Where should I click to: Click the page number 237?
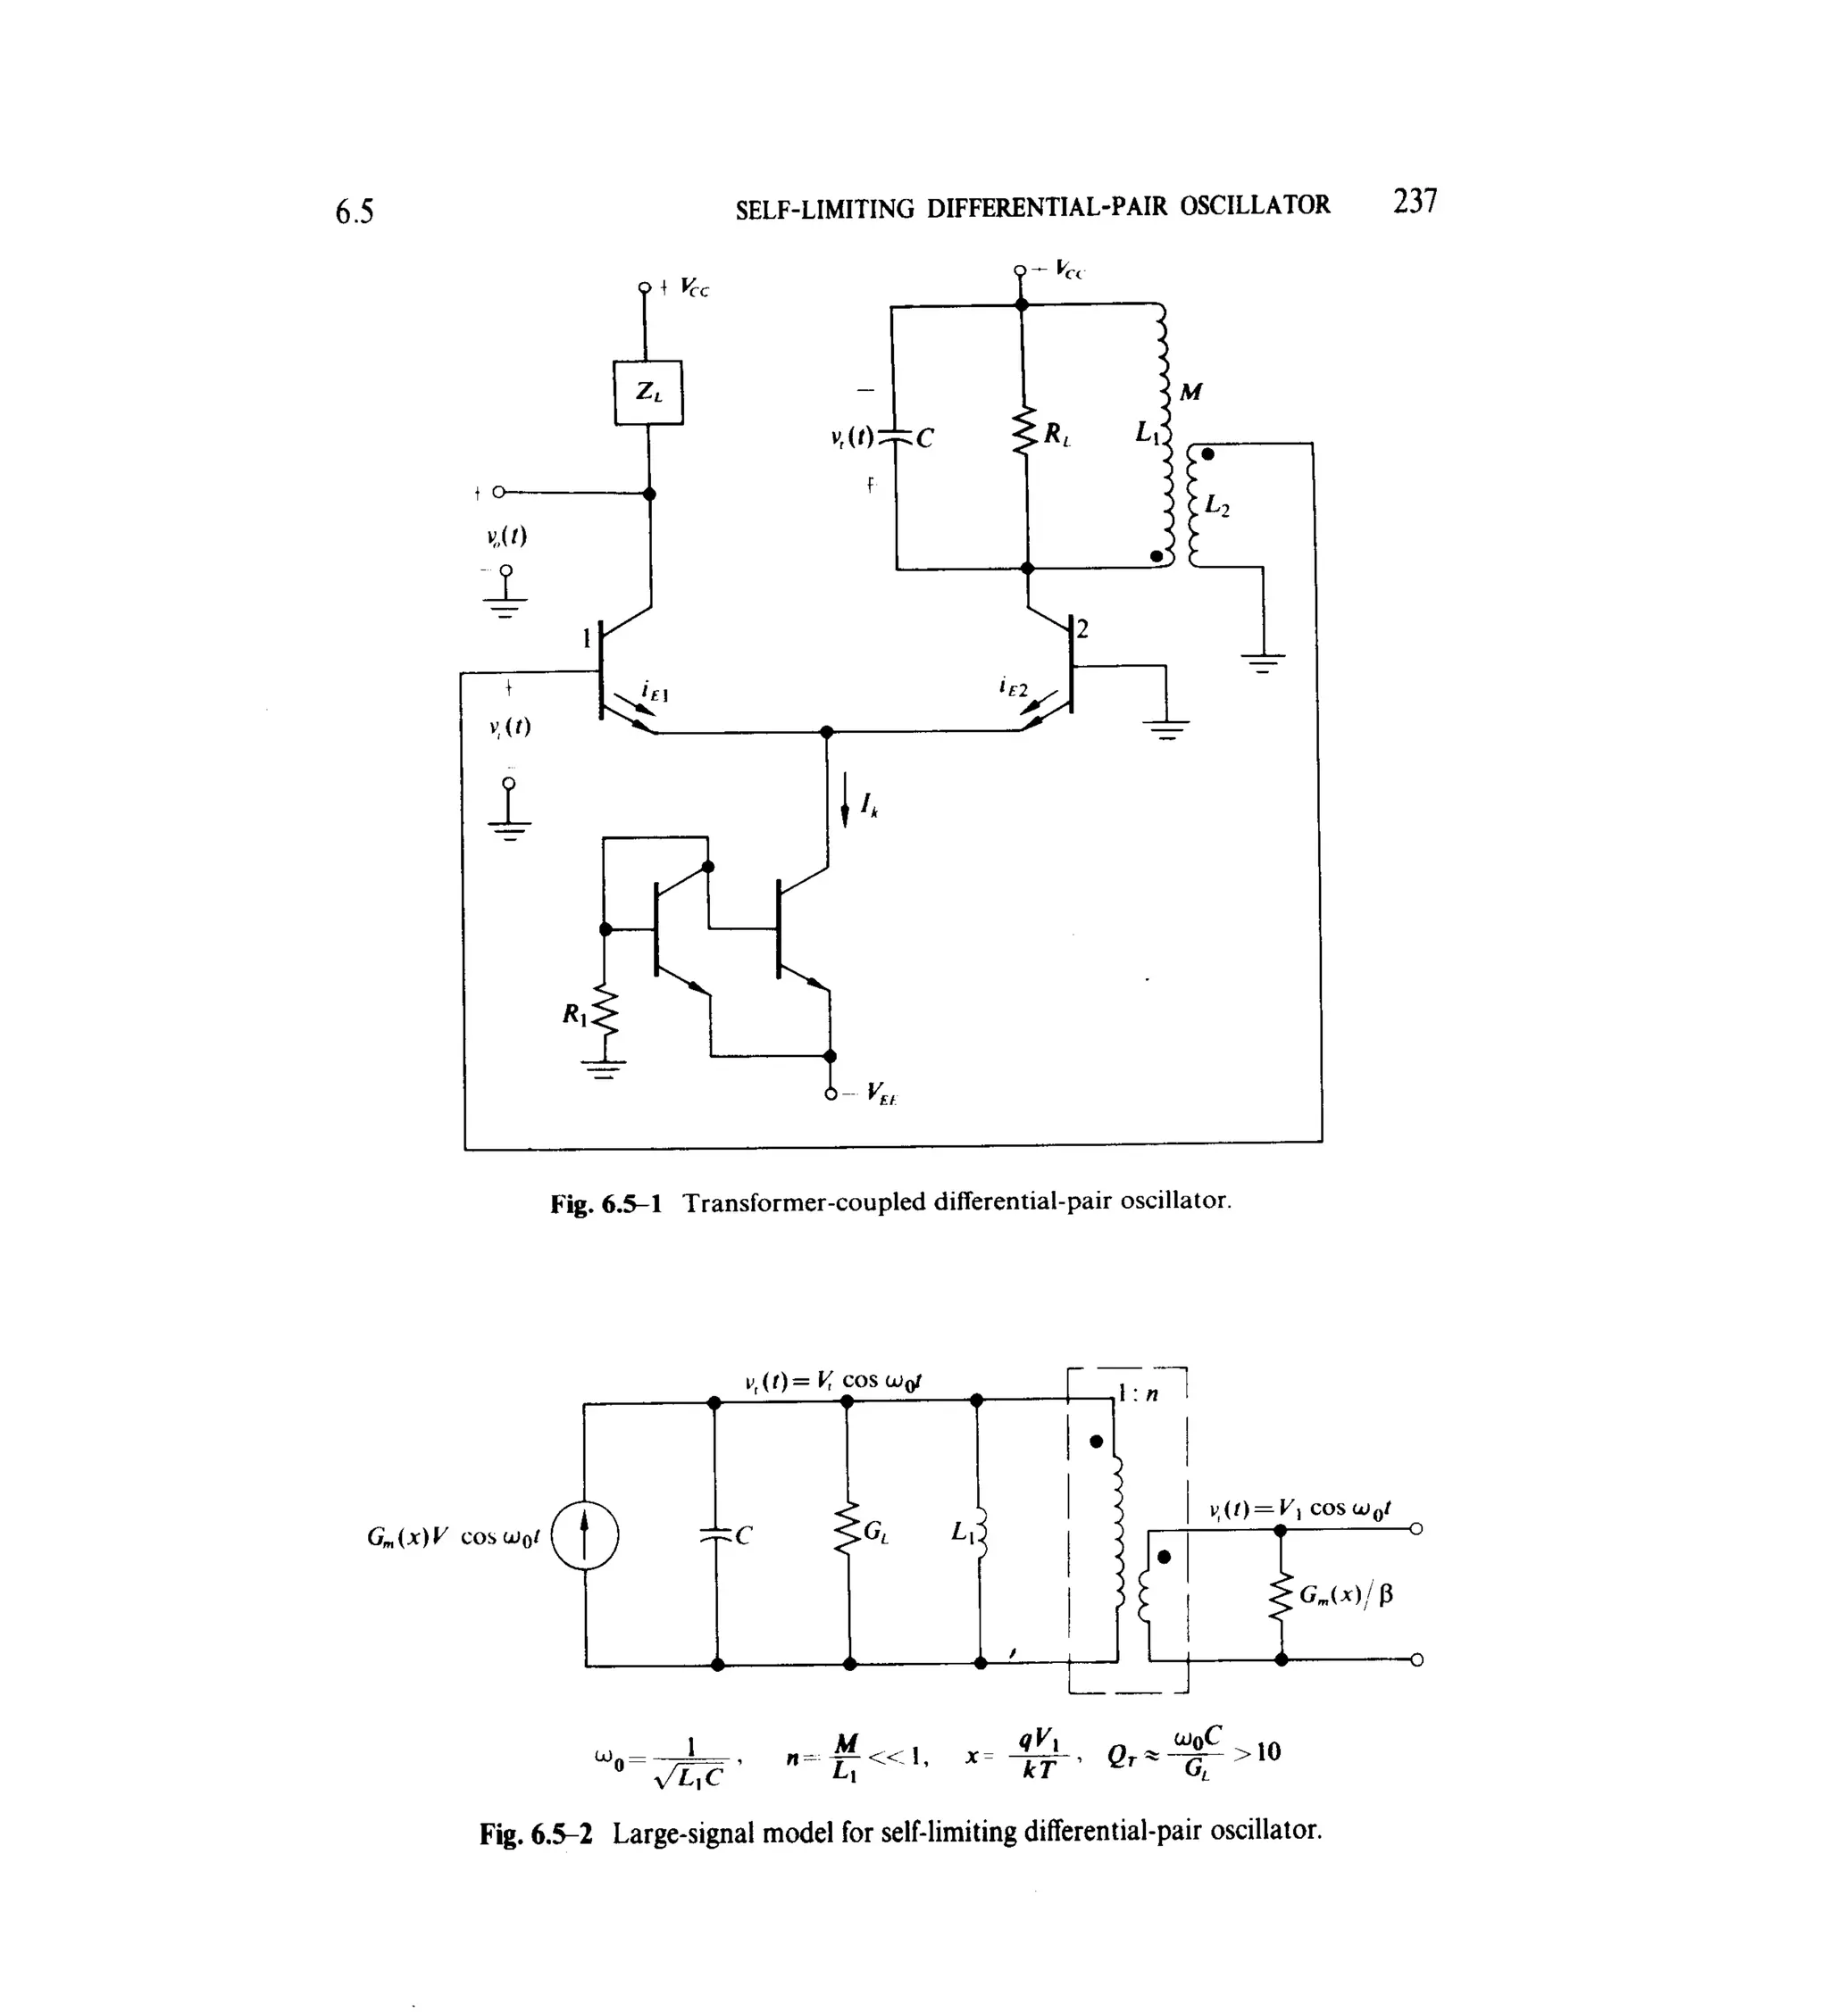pyautogui.click(x=1415, y=201)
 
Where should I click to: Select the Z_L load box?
pyautogui.click(x=648, y=392)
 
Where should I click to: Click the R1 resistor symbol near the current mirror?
pyautogui.click(x=604, y=1014)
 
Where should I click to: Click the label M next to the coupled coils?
pyautogui.click(x=1191, y=392)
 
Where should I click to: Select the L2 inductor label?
pyautogui.click(x=1217, y=505)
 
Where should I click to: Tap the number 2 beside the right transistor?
pyautogui.click(x=1082, y=628)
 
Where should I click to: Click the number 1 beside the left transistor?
pyautogui.click(x=587, y=636)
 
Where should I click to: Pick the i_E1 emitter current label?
pyautogui.click(x=655, y=690)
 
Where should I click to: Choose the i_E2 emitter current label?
pyautogui.click(x=1013, y=686)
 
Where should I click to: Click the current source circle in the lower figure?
pyautogui.click(x=585, y=1536)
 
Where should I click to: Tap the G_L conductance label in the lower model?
pyautogui.click(x=875, y=1532)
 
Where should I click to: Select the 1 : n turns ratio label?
pyautogui.click(x=1137, y=1393)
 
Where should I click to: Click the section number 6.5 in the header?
pyautogui.click(x=354, y=212)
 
